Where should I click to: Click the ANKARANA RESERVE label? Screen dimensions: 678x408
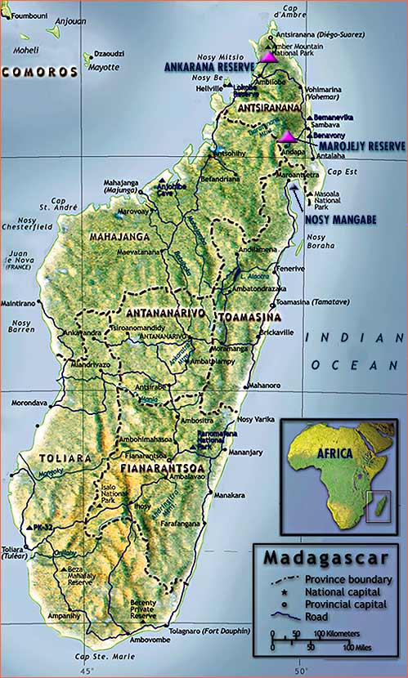point(210,65)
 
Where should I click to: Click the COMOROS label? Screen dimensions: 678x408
point(39,72)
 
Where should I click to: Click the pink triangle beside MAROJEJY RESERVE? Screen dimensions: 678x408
point(287,136)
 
